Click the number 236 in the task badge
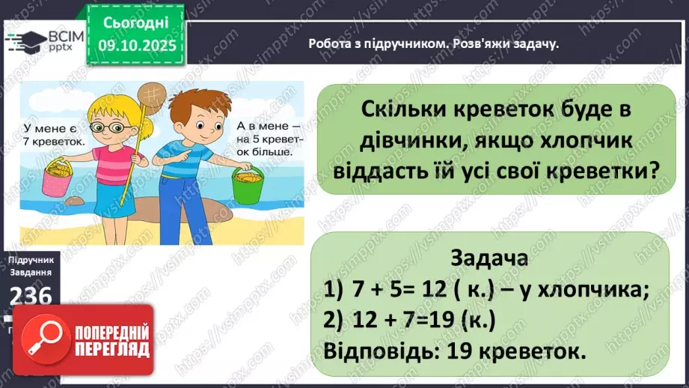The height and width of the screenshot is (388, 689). [x=31, y=297]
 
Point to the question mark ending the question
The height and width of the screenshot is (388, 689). [x=653, y=170]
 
